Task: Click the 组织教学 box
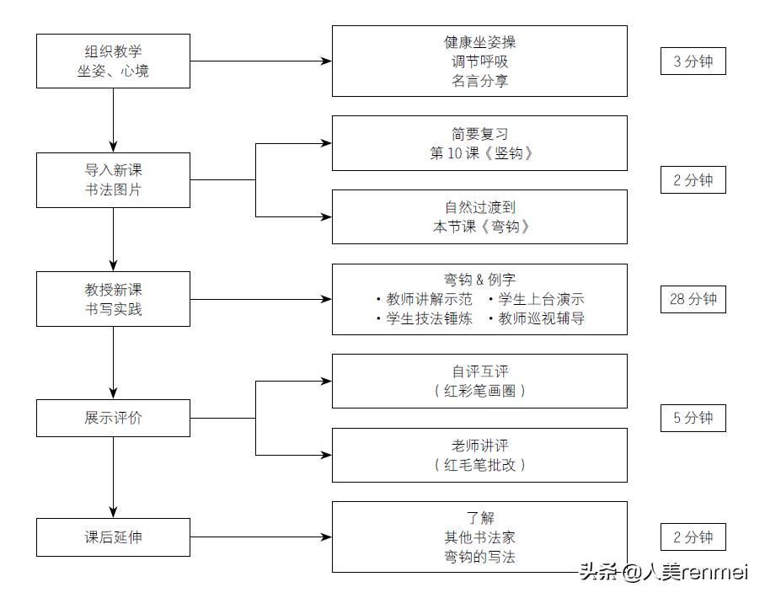pyautogui.click(x=113, y=61)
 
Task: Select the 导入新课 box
pyautogui.click(x=113, y=180)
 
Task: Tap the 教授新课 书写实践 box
pyautogui.click(x=113, y=299)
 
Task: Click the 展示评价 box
pyautogui.click(x=113, y=418)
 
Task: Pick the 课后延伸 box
pyautogui.click(x=113, y=537)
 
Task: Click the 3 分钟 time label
pyautogui.click(x=693, y=61)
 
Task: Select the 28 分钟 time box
pyautogui.click(x=693, y=299)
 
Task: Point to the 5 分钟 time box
pyautogui.click(x=693, y=418)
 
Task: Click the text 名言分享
pyautogui.click(x=479, y=82)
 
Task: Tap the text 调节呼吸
pyautogui.click(x=479, y=61)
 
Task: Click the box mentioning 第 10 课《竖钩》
pyautogui.click(x=479, y=143)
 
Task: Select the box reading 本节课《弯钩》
pyautogui.click(x=479, y=216)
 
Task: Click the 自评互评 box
pyautogui.click(x=479, y=381)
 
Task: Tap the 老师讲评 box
pyautogui.click(x=479, y=455)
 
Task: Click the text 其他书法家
pyautogui.click(x=479, y=537)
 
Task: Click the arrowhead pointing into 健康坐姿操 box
pyautogui.click(x=327, y=61)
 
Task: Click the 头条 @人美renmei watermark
pyautogui.click(x=663, y=573)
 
